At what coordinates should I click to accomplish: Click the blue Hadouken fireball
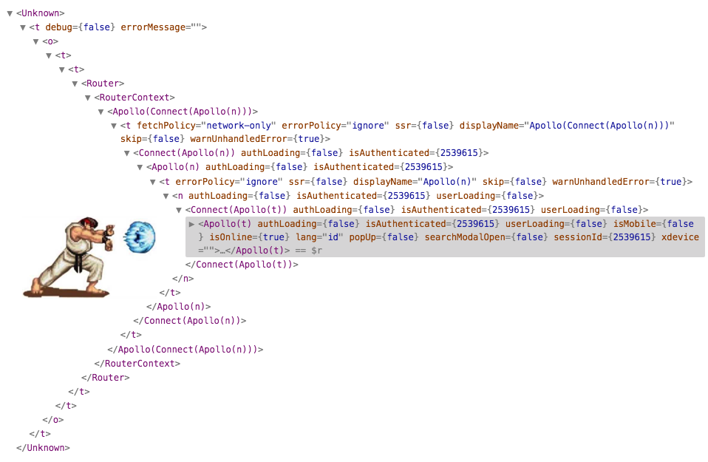[138, 236]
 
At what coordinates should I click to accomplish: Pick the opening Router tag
[103, 84]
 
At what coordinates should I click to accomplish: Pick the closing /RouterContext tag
[137, 364]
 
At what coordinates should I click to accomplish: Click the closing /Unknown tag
[43, 447]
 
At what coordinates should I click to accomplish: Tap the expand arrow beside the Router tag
[75, 84]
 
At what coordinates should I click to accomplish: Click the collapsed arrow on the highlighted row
[192, 224]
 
